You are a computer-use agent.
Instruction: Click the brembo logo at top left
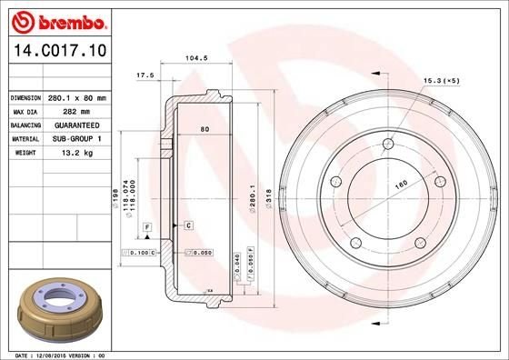(x=56, y=21)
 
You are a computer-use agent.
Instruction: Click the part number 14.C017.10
(x=56, y=53)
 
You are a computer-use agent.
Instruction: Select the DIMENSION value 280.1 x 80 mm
(x=77, y=97)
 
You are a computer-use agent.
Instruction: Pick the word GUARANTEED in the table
(x=77, y=126)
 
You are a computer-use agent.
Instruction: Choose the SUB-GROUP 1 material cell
(x=77, y=140)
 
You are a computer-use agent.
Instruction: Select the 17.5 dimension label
(x=143, y=74)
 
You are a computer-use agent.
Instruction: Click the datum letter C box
(x=188, y=224)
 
